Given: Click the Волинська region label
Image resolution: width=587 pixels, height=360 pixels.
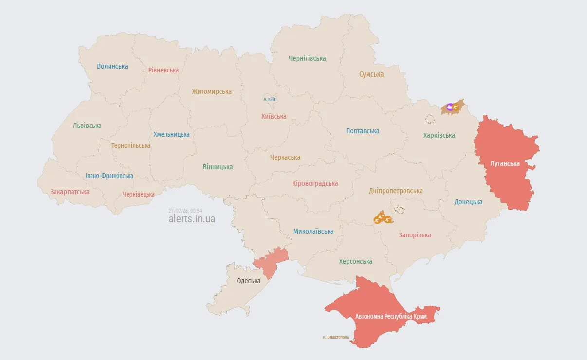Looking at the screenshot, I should click(112, 66).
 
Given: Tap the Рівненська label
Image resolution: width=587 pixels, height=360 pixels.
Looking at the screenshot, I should click(164, 70).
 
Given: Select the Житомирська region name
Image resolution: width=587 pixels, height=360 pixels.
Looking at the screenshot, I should click(212, 91).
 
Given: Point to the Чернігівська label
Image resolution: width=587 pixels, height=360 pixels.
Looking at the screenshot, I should click(307, 58).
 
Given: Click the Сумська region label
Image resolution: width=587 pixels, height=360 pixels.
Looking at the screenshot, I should click(371, 74).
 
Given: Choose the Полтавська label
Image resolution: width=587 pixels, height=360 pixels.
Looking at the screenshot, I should click(363, 131).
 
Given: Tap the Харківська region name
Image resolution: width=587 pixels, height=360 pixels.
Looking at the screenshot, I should click(439, 135).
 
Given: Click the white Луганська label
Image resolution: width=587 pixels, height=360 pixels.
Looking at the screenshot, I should click(505, 163).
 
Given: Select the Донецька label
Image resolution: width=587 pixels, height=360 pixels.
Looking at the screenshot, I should click(468, 202).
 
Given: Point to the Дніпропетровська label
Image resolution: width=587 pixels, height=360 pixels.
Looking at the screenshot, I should click(396, 191).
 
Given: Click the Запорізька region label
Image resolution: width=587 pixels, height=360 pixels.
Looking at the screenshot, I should click(415, 235).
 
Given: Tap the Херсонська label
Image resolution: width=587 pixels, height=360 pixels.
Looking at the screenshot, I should click(356, 261).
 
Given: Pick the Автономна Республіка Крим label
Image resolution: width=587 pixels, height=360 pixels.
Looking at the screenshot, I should click(390, 316).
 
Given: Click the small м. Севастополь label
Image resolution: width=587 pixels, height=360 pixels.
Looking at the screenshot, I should click(335, 337).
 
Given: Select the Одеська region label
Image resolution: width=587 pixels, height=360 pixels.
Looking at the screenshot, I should click(248, 281).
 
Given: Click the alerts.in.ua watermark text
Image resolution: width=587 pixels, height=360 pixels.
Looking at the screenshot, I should click(192, 219).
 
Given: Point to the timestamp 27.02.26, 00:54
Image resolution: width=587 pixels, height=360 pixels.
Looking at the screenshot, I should click(185, 211).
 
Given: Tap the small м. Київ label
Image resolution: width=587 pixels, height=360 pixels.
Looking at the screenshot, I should click(270, 99).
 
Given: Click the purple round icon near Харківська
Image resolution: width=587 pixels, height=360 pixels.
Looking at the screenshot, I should click(450, 107).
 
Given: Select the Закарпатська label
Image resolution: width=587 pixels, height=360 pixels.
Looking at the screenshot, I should click(70, 192).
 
